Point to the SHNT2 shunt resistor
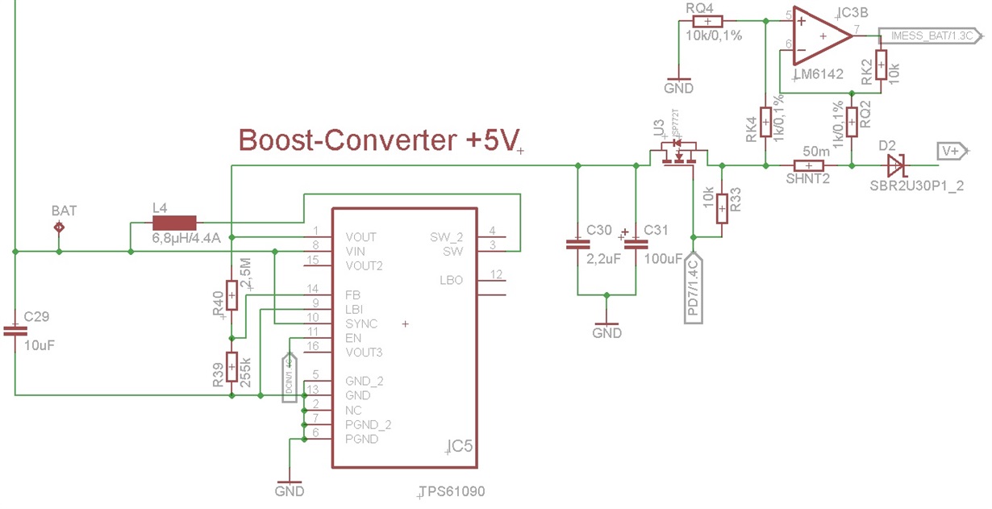[809, 166]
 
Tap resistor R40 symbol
[231, 295]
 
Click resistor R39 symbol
[231, 366]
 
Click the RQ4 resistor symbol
[707, 22]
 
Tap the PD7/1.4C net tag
[694, 288]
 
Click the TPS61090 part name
[452, 490]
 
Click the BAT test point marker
[59, 227]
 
